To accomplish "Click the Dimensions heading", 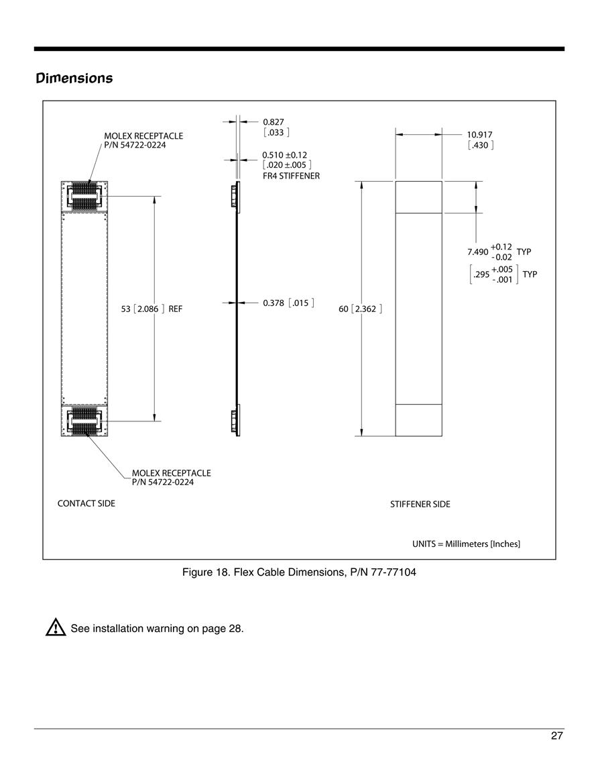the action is (x=74, y=78).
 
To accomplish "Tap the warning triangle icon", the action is (x=55, y=627).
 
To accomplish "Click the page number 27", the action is (x=556, y=736).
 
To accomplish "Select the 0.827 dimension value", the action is (x=273, y=121).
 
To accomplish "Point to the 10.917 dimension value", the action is (x=479, y=134).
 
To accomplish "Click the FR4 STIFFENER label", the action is (x=291, y=176).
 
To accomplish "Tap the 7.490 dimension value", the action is (x=477, y=252).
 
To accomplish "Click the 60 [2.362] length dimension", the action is (x=361, y=309).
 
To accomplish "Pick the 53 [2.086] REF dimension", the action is (x=152, y=309).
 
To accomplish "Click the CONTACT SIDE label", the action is (x=86, y=503).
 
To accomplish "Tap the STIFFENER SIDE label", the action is (x=420, y=504).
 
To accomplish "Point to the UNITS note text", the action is (x=466, y=544).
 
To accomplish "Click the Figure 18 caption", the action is (x=299, y=572).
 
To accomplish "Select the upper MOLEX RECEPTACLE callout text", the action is (x=143, y=140).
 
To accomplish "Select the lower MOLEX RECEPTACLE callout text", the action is (x=172, y=478).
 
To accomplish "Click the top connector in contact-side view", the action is (x=84, y=197).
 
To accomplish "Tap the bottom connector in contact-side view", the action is (x=84, y=421).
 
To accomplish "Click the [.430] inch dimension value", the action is (x=481, y=146).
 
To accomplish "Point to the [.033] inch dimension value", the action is (x=276, y=132).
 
